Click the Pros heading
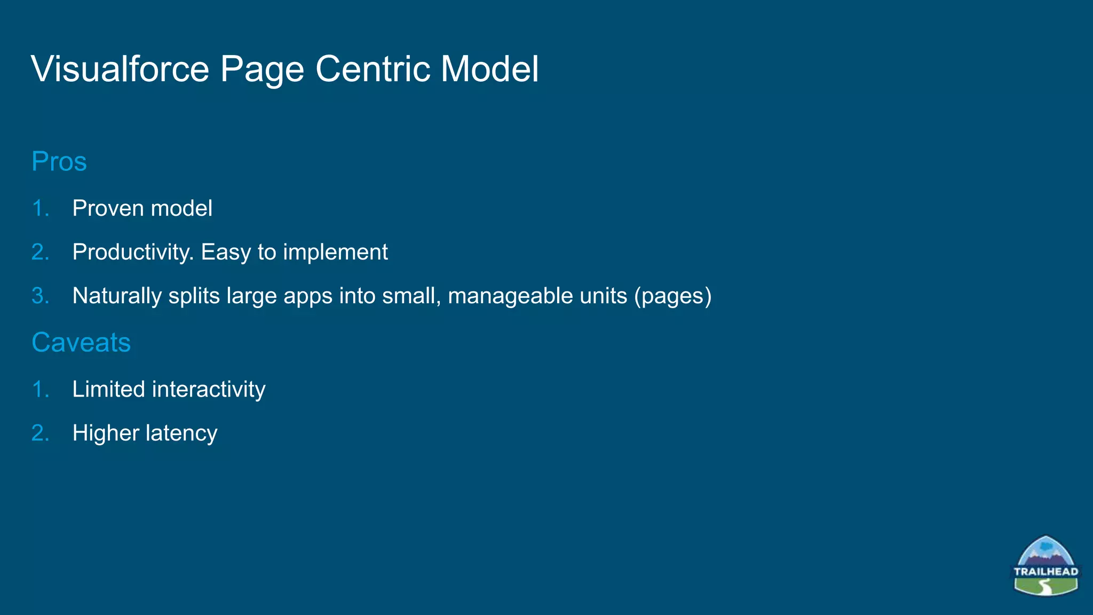(59, 161)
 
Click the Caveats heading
(81, 342)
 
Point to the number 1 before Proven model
(39, 208)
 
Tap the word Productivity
(133, 252)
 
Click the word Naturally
(117, 296)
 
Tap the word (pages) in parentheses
(672, 296)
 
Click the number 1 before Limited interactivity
(39, 389)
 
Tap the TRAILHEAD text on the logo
(1046, 571)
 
